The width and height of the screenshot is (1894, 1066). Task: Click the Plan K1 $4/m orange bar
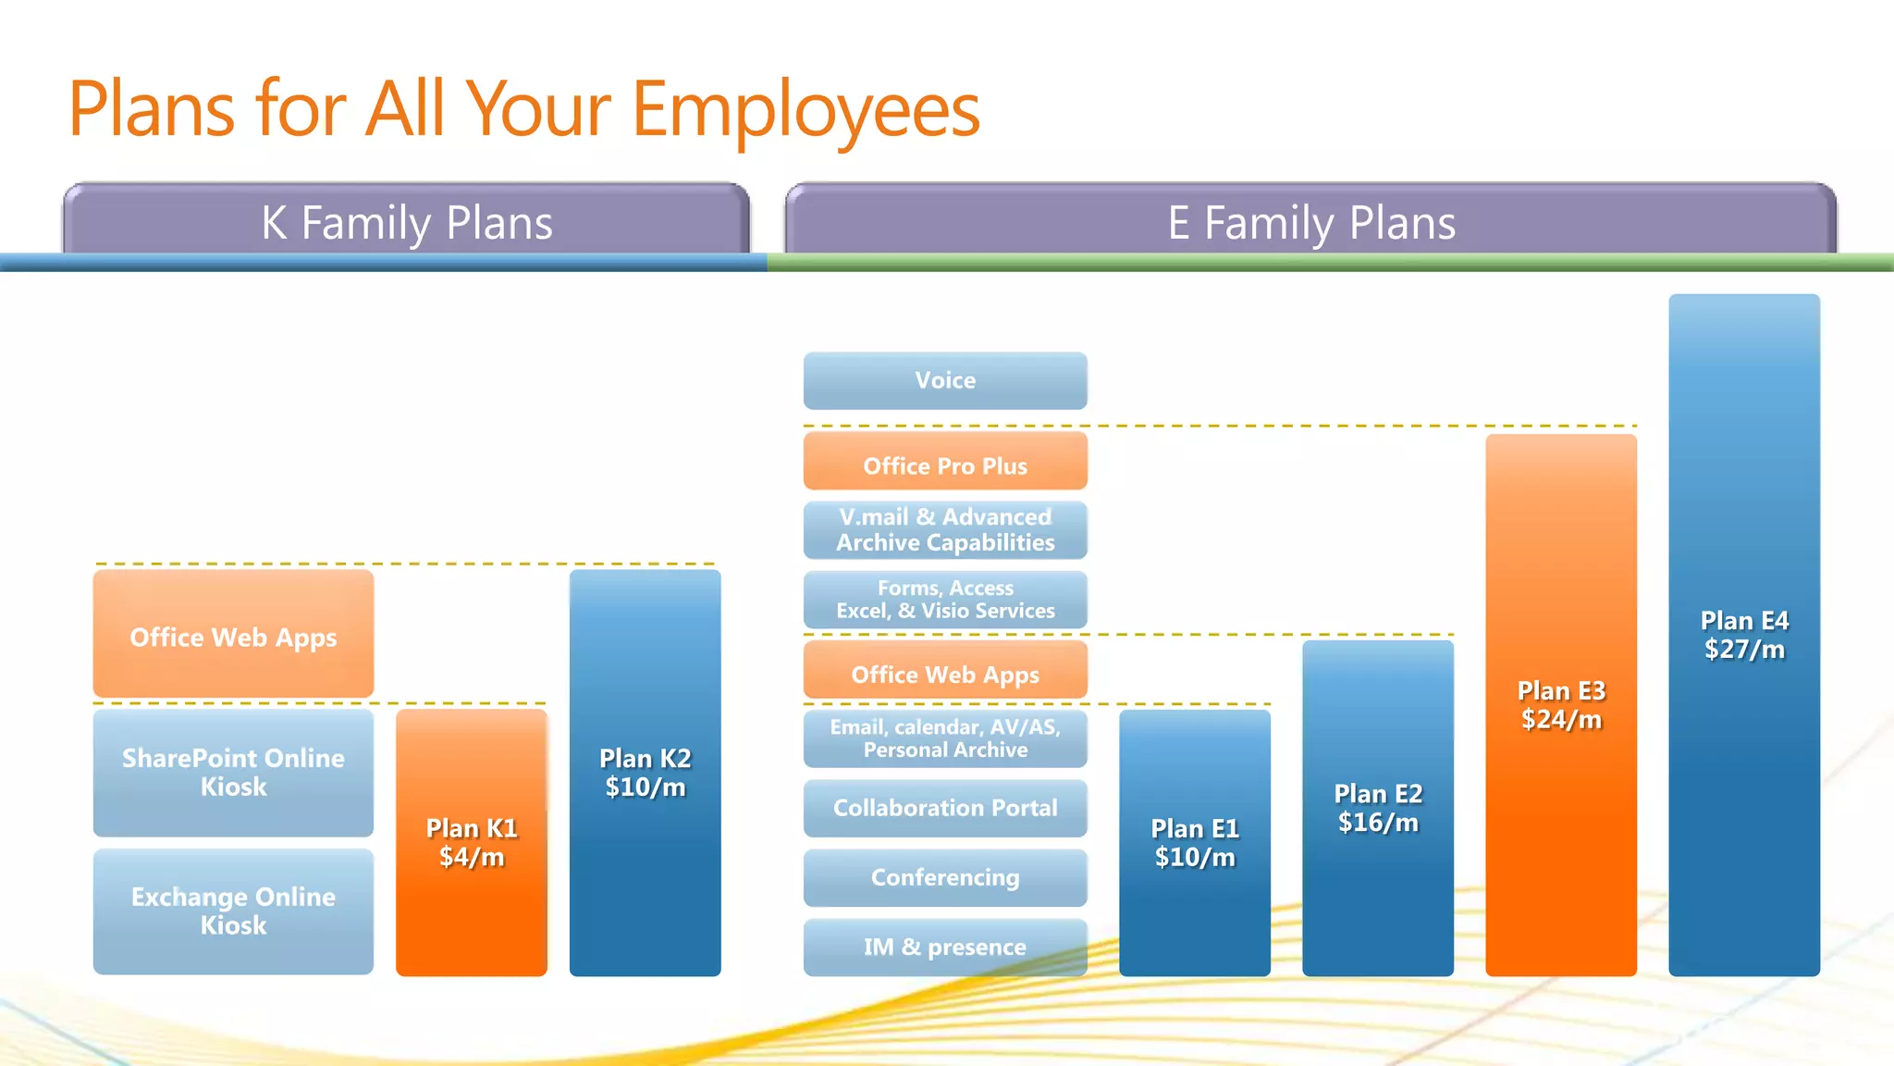tap(471, 841)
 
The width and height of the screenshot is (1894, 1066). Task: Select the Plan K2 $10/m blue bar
tap(645, 772)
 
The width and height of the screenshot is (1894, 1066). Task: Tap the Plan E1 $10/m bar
tap(1194, 842)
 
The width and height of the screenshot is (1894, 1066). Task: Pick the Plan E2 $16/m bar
tap(1377, 807)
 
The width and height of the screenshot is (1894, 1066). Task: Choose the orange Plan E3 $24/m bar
tap(1560, 704)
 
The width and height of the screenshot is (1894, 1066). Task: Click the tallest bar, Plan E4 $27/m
tap(1743, 634)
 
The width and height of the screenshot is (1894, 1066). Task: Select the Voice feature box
tap(944, 380)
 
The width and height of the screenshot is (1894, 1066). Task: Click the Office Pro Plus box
tap(944, 462)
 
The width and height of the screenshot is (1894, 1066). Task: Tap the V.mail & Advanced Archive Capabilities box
tap(944, 530)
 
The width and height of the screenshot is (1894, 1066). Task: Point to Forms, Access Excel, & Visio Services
tap(944, 600)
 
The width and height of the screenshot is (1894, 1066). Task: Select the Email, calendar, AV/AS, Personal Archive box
tap(944, 738)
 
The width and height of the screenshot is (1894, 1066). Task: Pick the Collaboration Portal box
tap(944, 808)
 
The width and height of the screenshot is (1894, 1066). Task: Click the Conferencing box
tap(944, 877)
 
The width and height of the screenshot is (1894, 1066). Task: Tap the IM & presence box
tap(944, 947)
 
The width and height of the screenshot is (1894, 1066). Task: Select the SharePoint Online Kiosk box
tap(233, 772)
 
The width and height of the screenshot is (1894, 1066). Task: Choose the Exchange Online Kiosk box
tap(233, 911)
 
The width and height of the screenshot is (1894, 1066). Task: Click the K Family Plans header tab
tap(406, 222)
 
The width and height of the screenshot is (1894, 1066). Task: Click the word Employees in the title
tap(805, 109)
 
